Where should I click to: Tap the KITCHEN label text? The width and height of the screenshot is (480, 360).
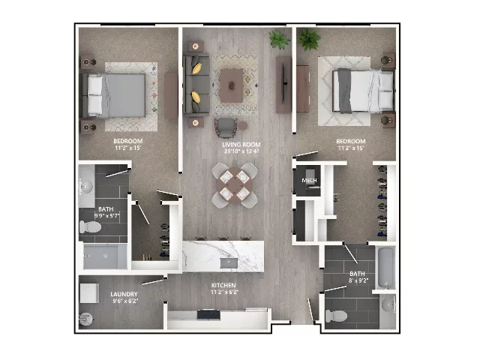pos(223,286)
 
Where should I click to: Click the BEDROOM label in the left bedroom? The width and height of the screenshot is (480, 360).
pos(128,141)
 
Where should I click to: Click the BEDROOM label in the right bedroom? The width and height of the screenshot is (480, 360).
pos(350,142)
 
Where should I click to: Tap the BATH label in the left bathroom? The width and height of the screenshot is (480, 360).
pos(106,208)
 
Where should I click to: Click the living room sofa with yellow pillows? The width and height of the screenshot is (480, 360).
pos(196,82)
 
